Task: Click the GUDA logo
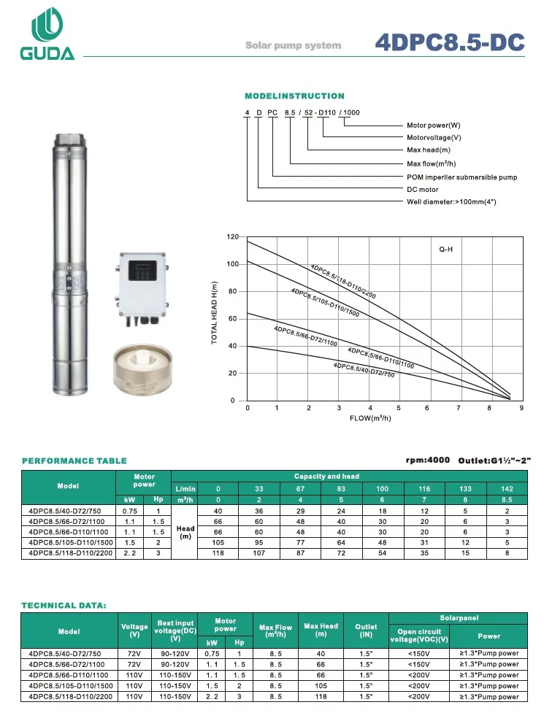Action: coord(52,35)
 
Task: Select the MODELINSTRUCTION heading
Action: coord(294,96)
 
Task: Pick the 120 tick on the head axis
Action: coord(233,236)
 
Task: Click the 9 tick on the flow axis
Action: coord(521,409)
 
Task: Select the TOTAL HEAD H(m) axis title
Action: coord(215,314)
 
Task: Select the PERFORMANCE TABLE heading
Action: coord(74,460)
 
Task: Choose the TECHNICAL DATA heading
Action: coord(64,605)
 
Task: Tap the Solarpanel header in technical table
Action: coord(459,618)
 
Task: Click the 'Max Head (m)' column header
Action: coord(321,630)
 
